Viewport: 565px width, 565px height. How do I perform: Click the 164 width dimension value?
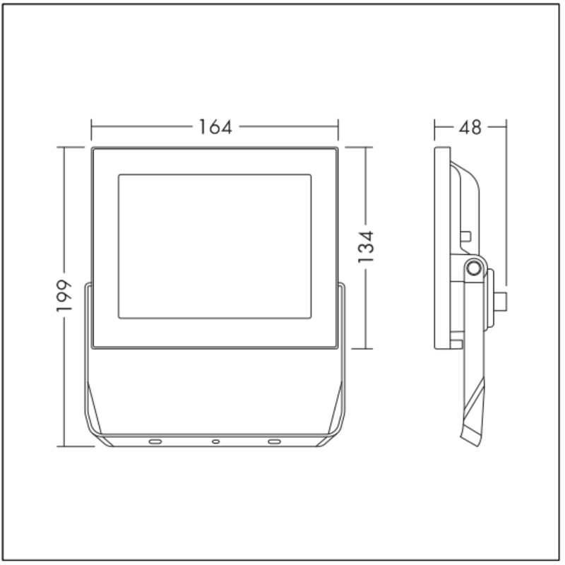click(x=215, y=127)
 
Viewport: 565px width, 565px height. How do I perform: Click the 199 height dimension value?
click(x=64, y=295)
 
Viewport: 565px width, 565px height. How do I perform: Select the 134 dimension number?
click(x=366, y=246)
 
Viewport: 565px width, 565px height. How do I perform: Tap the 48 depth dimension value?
click(x=470, y=127)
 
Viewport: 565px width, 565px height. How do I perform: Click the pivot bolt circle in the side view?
click(x=473, y=268)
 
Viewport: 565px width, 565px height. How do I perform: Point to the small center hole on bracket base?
click(x=215, y=441)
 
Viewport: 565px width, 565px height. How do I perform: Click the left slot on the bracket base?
click(x=155, y=441)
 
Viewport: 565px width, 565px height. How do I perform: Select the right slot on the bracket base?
click(x=274, y=441)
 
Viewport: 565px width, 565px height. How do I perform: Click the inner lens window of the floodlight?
click(x=215, y=246)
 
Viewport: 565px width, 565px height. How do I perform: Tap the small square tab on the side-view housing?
click(x=466, y=237)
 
